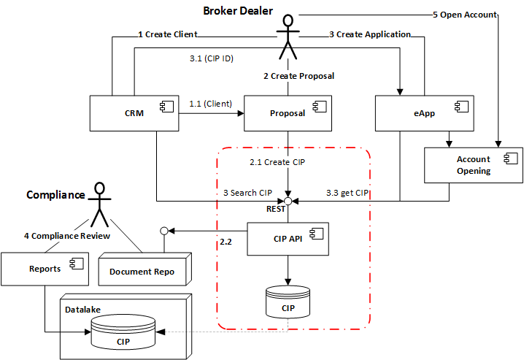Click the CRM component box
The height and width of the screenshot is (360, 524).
(134, 113)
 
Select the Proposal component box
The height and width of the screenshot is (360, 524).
(288, 113)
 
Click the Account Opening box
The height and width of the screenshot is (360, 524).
(474, 164)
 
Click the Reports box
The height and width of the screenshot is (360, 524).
(45, 269)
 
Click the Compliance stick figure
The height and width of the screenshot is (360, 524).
(96, 202)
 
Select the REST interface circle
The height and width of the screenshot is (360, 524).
(288, 199)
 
